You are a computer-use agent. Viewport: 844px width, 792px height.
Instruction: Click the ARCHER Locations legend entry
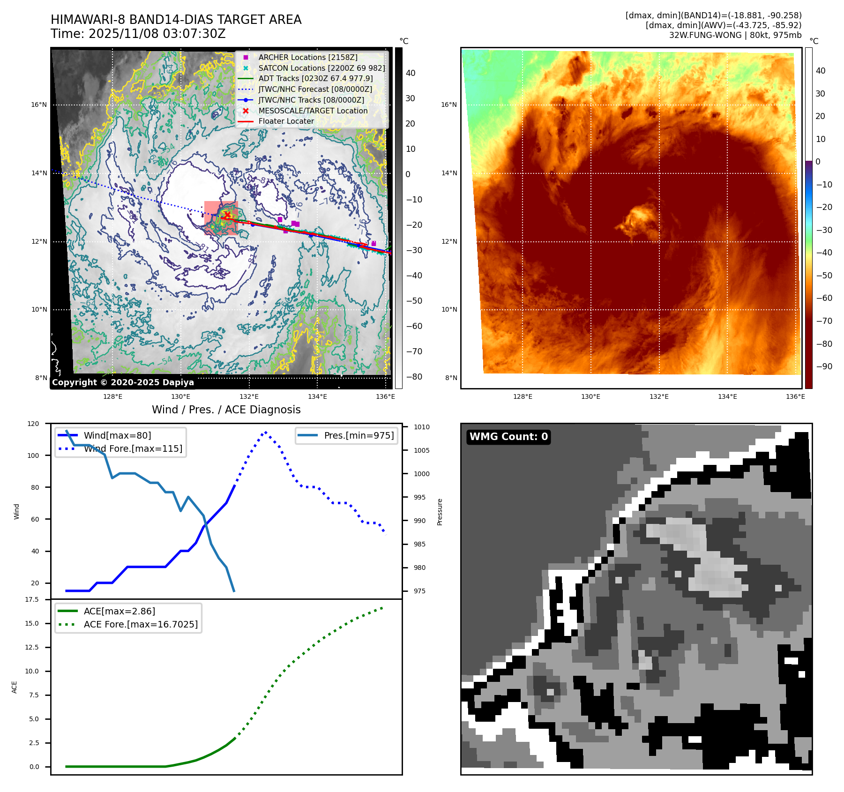[x=307, y=57]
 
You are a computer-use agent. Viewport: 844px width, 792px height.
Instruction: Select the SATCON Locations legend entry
[x=321, y=68]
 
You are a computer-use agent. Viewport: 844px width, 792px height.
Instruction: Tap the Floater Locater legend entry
[x=286, y=121]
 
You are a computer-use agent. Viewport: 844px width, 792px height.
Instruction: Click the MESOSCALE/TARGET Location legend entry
[x=313, y=111]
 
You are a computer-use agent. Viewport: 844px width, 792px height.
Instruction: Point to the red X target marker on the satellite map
[x=227, y=215]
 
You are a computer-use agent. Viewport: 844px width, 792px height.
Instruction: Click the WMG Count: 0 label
[x=508, y=437]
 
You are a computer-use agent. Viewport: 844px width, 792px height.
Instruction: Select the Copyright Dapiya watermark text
[x=123, y=382]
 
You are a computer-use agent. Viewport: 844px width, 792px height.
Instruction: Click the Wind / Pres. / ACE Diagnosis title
[x=226, y=410]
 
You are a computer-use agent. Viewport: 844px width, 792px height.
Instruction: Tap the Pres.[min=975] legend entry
[x=359, y=435]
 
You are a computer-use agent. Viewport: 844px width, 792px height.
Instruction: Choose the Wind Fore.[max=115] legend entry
[x=133, y=448]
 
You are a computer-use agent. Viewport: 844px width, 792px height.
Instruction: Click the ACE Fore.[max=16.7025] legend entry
[x=141, y=624]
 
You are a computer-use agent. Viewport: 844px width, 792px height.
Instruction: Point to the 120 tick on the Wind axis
[x=34, y=424]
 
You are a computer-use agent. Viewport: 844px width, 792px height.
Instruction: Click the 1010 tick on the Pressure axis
[x=421, y=427]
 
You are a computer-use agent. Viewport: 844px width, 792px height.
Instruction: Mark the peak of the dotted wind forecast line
[x=266, y=432]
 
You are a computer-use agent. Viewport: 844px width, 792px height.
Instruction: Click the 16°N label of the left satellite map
[x=39, y=105]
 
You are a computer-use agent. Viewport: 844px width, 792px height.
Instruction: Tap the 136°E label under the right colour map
[x=795, y=396]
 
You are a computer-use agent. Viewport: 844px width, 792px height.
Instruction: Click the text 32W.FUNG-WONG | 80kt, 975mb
[x=735, y=35]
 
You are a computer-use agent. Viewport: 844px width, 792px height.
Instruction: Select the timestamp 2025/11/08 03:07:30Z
[x=157, y=34]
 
